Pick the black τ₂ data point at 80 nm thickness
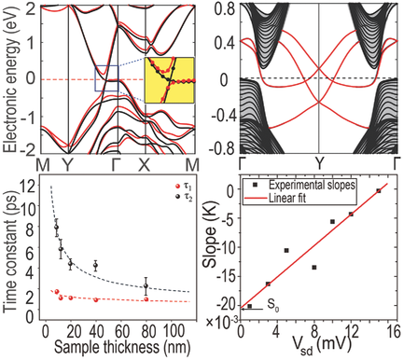click(146, 285)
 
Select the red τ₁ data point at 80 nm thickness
click(146, 298)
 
